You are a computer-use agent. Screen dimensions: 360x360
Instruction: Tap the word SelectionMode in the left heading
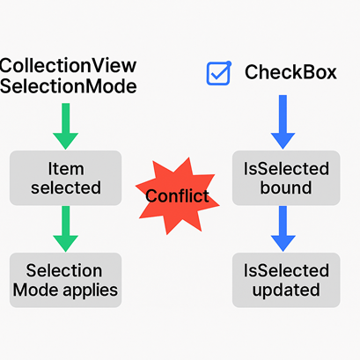point(69,86)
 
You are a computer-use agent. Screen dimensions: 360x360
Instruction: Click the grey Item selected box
point(65,177)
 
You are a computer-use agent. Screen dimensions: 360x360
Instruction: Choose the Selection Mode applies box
point(65,280)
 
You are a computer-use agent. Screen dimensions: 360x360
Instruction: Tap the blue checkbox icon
point(217,73)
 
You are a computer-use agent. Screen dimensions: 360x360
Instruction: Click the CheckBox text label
point(290,72)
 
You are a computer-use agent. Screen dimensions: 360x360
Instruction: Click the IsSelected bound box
point(285,177)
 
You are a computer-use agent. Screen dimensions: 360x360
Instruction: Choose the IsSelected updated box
point(285,280)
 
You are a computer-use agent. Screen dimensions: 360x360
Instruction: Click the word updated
point(285,290)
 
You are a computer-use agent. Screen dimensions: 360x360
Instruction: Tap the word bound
point(285,187)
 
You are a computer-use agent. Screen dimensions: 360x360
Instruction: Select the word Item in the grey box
point(65,167)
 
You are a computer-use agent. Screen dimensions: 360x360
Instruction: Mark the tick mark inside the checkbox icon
point(220,70)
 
